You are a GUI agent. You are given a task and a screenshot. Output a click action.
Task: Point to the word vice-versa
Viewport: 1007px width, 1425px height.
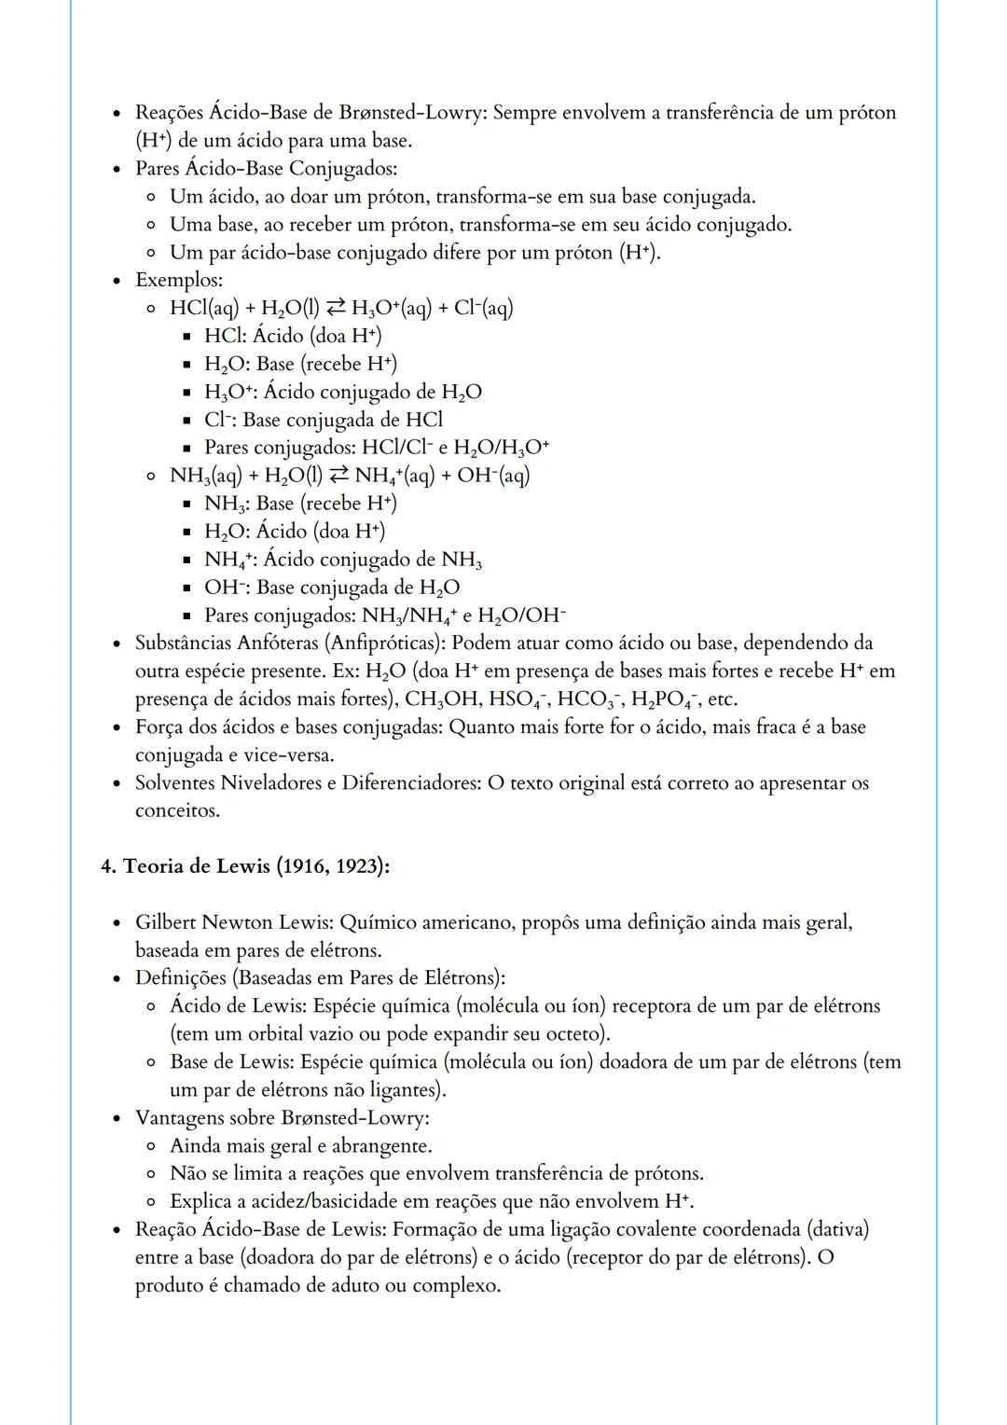(287, 755)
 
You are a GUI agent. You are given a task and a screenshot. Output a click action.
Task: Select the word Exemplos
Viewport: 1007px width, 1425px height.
(177, 280)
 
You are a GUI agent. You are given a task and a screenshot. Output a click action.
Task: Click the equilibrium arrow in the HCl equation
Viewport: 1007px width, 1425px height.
(335, 308)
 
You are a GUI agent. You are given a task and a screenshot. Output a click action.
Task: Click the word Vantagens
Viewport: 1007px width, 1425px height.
(178, 1117)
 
